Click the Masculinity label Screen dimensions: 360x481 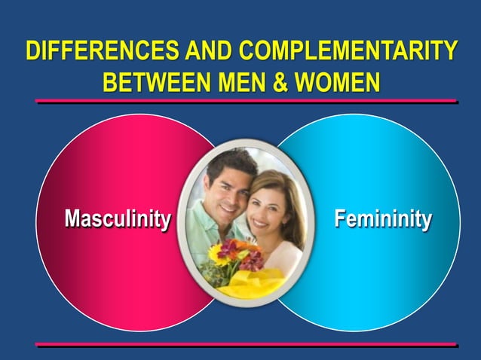(x=117, y=219)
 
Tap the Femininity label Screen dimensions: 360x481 (x=383, y=219)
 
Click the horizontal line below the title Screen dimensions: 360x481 (x=246, y=100)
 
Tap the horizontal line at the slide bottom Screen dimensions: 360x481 (x=246, y=344)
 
